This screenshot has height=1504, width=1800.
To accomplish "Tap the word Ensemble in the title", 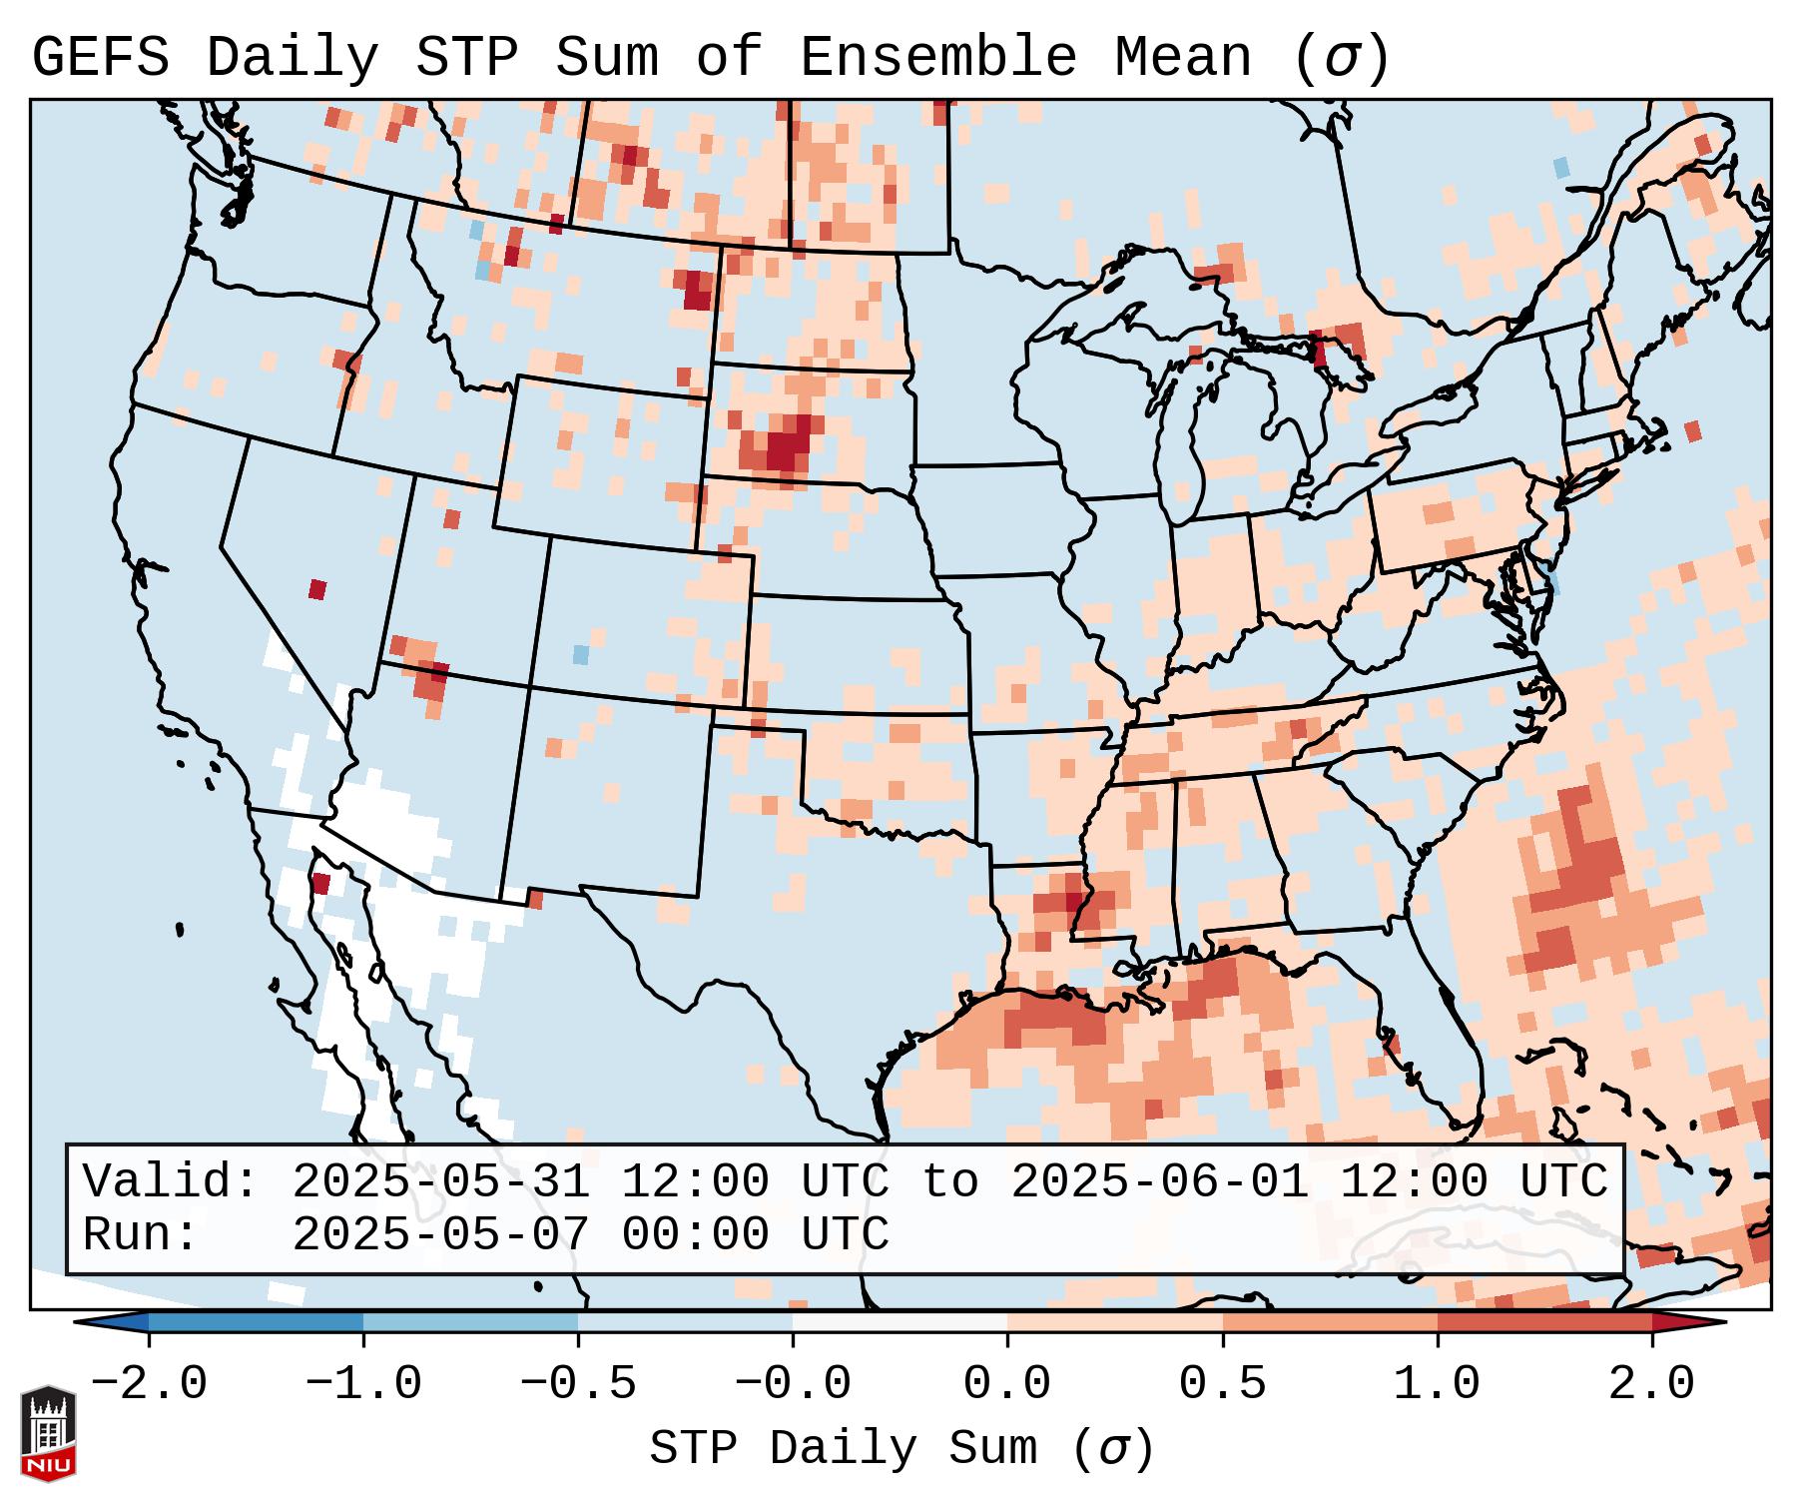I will pyautogui.click(x=938, y=58).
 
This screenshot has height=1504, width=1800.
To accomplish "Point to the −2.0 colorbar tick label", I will pyautogui.click(x=149, y=1384).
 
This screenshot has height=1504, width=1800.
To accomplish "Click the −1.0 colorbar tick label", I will pyautogui.click(x=363, y=1384).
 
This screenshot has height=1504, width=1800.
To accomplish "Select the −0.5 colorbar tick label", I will pyautogui.click(x=578, y=1384).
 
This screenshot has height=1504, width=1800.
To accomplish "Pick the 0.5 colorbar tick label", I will pyautogui.click(x=1223, y=1384).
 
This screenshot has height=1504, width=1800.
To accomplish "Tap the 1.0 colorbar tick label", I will pyautogui.click(x=1438, y=1384).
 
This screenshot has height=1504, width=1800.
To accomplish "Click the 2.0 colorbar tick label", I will pyautogui.click(x=1652, y=1384).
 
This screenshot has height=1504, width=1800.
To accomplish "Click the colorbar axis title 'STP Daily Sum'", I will pyautogui.click(x=845, y=1449).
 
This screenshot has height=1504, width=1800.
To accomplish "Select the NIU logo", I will pyautogui.click(x=48, y=1433).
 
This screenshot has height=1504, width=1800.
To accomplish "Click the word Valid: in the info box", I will pyautogui.click(x=171, y=1182).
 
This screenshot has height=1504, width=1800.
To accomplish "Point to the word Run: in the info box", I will pyautogui.click(x=141, y=1235).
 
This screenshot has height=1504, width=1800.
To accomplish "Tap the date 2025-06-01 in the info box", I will pyautogui.click(x=1160, y=1182).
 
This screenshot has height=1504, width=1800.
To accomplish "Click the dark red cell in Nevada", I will pyautogui.click(x=317, y=589).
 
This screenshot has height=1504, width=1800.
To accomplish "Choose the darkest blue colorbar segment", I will pyautogui.click(x=256, y=1323).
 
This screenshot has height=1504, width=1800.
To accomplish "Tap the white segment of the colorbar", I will pyautogui.click(x=900, y=1323).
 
